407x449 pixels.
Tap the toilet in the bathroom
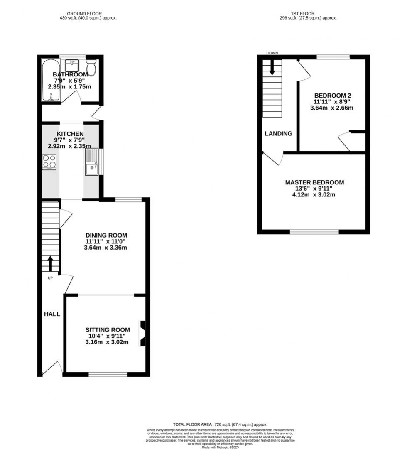(91, 67)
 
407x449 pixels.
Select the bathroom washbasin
(72, 66)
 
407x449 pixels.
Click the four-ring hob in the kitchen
(49, 162)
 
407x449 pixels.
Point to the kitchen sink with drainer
(92, 162)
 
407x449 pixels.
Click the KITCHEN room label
(70, 134)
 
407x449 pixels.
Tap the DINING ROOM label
(106, 235)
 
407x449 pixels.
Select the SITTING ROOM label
(108, 330)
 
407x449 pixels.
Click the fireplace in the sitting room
(142, 334)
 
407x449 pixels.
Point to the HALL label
(52, 314)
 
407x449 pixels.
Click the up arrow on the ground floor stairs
(50, 263)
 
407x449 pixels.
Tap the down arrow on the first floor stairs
(272, 68)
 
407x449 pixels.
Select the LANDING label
(279, 134)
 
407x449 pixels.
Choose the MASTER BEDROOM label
(314, 182)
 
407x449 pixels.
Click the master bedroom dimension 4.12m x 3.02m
(314, 194)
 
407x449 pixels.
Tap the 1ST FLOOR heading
(308, 14)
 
